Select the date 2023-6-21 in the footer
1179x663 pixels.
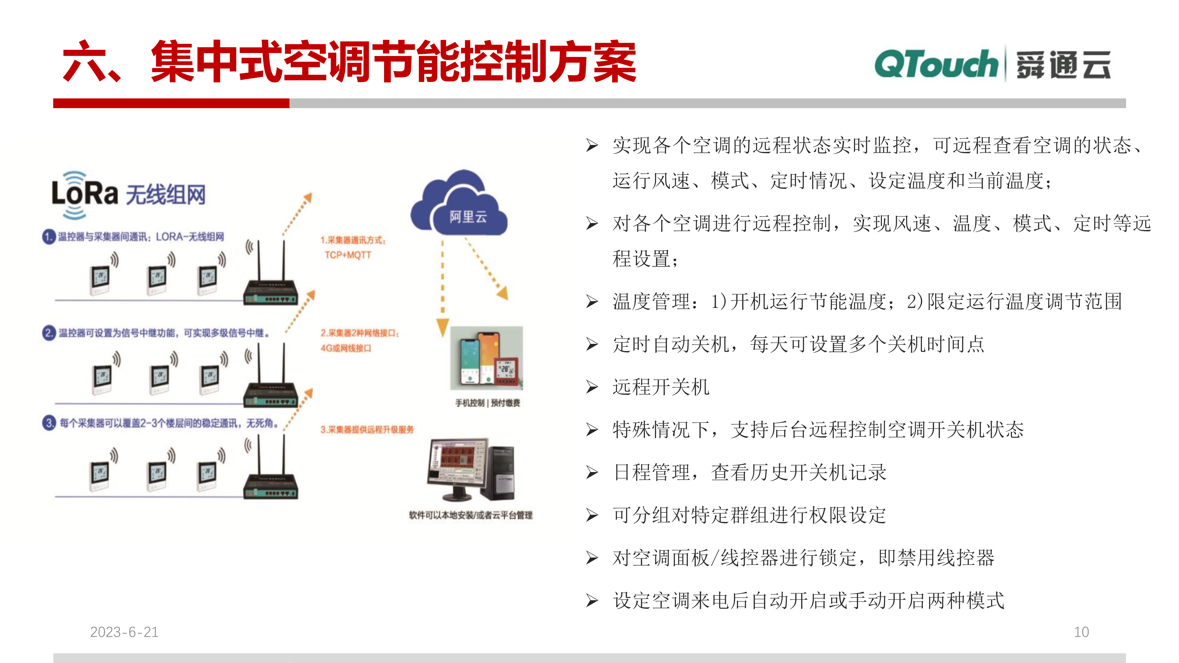coord(124,632)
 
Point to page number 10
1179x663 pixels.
coord(1081,632)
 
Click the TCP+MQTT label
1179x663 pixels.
coord(348,255)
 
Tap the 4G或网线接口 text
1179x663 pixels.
coord(346,348)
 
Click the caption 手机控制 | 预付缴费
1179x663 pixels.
coord(488,403)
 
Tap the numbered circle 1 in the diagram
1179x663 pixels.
coord(49,237)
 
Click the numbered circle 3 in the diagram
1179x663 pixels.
coord(49,423)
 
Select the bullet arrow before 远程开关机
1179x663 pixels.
coord(592,387)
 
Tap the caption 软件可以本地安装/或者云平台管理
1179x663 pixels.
coord(470,515)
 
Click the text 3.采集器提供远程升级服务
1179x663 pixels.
coord(367,430)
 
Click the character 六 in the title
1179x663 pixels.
coord(83,62)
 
